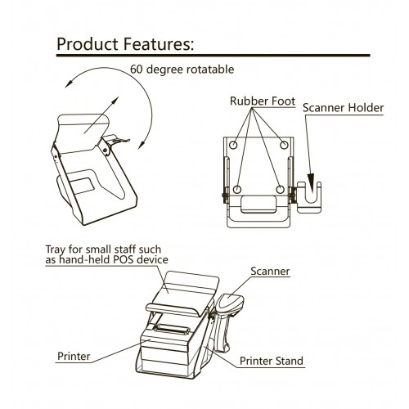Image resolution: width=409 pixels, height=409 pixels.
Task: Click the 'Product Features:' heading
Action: pos(125,44)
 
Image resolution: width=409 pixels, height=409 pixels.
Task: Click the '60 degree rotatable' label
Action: pos(182,70)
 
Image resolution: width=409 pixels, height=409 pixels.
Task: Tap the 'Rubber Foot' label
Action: pos(263,101)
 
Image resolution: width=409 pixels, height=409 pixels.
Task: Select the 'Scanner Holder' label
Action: pos(343,108)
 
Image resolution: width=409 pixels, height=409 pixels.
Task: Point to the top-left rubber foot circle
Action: pos(233,145)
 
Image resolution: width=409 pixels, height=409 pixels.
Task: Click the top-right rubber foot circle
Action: pos(284,145)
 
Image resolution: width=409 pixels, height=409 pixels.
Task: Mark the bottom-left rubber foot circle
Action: pos(237,189)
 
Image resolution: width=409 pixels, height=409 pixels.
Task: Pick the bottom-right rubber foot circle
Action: pos(280,189)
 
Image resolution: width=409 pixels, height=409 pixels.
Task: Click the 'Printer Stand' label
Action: pos(272,361)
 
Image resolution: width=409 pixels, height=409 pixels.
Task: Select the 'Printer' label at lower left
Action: pos(74,356)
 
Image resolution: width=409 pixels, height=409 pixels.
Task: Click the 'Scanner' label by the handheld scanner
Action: pos(270,272)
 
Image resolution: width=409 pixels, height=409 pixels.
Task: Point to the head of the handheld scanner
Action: pos(231,302)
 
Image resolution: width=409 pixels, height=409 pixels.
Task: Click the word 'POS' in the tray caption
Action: pos(124,259)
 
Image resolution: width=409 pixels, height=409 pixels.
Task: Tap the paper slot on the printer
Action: pos(171,329)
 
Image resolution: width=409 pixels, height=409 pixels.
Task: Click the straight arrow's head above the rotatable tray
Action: pos(115,101)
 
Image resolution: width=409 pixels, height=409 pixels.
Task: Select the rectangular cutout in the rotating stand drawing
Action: pos(83,186)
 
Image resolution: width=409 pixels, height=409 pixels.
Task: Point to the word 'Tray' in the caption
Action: pos(56,249)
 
